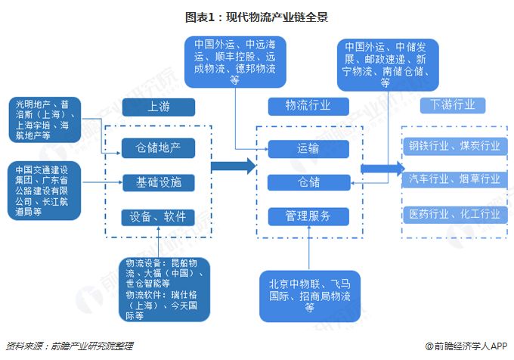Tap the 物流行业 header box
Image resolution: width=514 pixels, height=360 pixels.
(308, 106)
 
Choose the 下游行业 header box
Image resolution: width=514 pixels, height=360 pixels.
(454, 106)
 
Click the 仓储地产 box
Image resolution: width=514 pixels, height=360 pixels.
(159, 145)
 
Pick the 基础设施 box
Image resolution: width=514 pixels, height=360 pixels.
(159, 182)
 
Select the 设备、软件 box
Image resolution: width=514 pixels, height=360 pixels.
(159, 217)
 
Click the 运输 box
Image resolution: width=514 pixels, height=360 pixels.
(308, 148)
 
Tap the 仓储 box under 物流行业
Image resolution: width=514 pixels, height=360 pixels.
(308, 182)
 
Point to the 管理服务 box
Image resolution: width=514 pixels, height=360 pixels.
(308, 216)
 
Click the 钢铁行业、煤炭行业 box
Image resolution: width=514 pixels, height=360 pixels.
(454, 145)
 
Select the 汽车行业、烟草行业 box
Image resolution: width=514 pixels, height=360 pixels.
(454, 179)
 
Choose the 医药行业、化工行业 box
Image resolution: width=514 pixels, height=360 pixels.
(454, 214)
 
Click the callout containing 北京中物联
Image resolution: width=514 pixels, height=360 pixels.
(308, 294)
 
